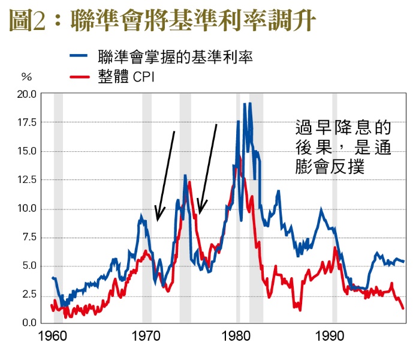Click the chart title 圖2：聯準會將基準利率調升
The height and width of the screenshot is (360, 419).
point(162,21)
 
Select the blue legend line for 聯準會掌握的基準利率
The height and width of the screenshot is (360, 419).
point(82,58)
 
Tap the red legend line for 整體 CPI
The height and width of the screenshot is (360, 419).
point(82,77)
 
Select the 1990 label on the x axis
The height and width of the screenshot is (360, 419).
point(330,336)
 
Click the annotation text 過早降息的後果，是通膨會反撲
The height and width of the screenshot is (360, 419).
point(343,147)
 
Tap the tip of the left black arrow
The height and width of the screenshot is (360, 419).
point(157,220)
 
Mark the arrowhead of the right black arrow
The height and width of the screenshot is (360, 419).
point(200,214)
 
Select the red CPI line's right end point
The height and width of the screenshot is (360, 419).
point(403,308)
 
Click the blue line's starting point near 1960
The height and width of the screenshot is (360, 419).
point(52,277)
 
